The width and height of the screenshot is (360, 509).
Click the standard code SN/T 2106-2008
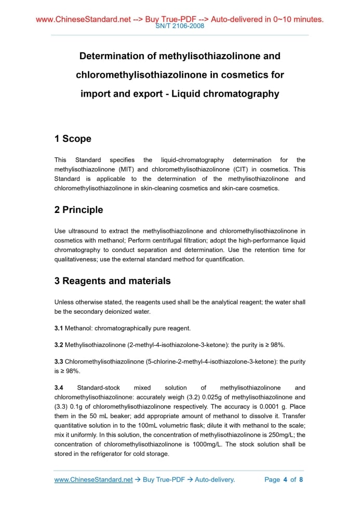tap(180, 26)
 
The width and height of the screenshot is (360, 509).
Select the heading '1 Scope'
tap(73, 139)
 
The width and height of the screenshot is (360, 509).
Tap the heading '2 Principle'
tap(78, 210)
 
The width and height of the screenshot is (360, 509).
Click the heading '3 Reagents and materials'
tap(112, 281)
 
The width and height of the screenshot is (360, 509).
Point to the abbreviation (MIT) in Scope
tap(127, 169)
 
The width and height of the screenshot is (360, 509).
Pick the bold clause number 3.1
tap(59, 328)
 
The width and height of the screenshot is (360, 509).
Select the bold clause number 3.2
tap(59, 345)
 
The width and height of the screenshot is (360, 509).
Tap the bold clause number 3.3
tap(59, 361)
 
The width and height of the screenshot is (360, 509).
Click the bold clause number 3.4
tap(59, 388)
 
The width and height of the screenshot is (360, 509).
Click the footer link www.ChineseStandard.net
tap(94, 479)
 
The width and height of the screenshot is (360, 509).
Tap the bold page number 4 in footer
tap(285, 479)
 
